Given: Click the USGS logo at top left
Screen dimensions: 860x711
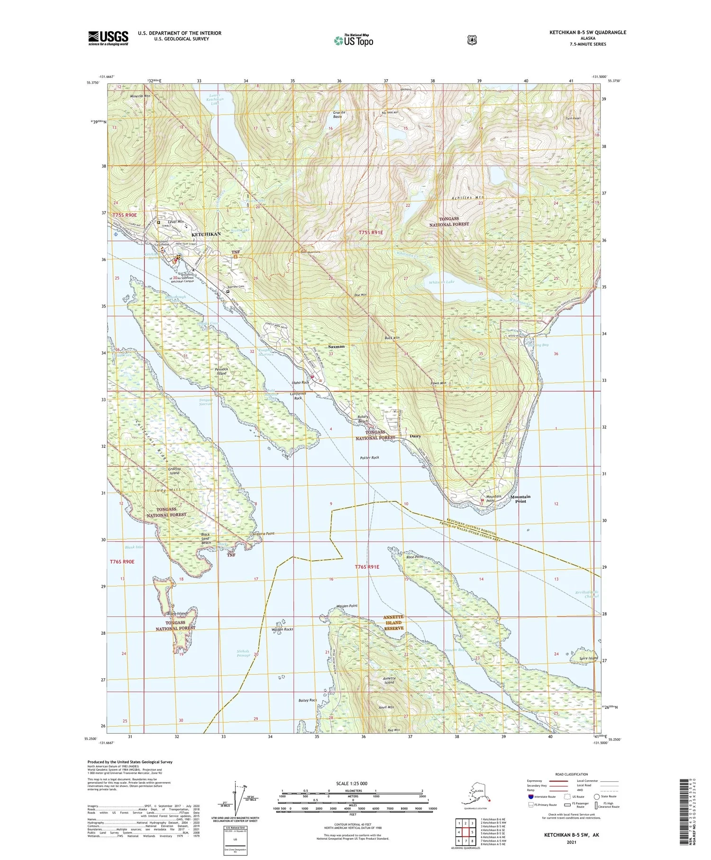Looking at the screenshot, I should click(108, 38).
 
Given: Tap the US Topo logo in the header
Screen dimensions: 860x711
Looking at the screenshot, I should click(353, 40).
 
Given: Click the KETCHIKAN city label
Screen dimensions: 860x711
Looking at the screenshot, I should click(206, 234).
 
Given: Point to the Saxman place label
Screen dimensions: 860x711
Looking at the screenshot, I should click(337, 346).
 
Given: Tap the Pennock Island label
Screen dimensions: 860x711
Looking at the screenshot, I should click(221, 371).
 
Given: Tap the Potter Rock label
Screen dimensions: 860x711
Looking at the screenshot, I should click(369, 458).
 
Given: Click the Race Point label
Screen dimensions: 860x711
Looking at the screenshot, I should click(415, 557).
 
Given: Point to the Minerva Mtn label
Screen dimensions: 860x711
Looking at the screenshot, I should click(140, 95).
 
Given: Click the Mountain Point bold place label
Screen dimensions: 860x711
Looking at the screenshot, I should click(520, 499).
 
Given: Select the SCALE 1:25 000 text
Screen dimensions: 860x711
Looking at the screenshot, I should click(351, 783).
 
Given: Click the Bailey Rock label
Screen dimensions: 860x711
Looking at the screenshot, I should click(308, 700).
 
